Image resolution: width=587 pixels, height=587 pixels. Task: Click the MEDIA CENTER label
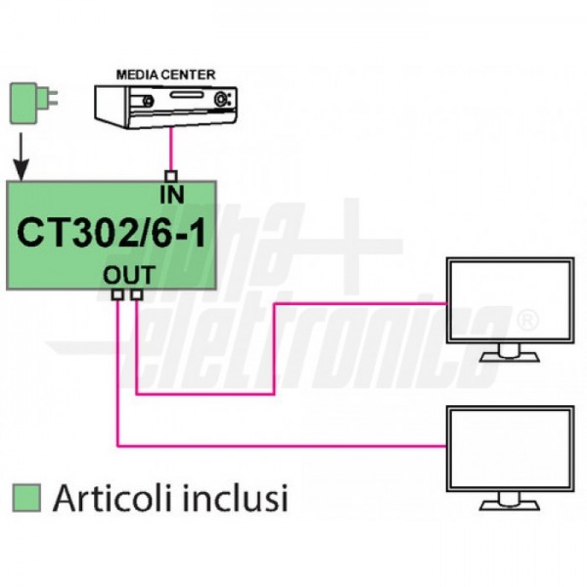coord(166,73)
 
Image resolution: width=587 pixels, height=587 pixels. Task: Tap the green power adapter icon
coord(26,102)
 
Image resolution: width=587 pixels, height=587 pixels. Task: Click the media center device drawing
coord(166,104)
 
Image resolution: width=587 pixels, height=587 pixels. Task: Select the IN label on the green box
coord(172,193)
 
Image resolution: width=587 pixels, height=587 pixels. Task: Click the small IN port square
coord(171,176)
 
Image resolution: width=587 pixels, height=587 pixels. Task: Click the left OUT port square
coord(117,294)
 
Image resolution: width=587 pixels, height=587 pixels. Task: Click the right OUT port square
coord(136,294)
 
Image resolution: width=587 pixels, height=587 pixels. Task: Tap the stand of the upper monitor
coord(509,351)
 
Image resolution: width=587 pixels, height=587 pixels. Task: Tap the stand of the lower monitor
coord(509,498)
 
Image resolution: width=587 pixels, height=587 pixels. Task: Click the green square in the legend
coord(28,496)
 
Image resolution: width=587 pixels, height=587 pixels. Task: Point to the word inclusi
coord(241,497)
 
